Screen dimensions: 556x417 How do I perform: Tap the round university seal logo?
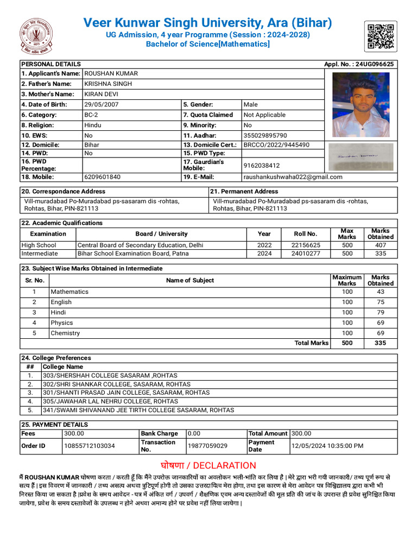pos(37,36)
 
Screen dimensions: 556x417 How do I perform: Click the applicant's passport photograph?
pos(361,105)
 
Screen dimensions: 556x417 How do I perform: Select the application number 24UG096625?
pos(374,64)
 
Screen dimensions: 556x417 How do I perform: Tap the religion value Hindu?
pos(93,125)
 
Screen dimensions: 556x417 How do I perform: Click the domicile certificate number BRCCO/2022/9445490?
pos(276,145)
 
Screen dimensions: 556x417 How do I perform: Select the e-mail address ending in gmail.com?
pos(293,176)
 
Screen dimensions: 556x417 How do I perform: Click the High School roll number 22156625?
pos(306,245)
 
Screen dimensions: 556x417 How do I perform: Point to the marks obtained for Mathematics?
pos(380,292)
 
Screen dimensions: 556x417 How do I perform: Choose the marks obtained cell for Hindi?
pos(380,312)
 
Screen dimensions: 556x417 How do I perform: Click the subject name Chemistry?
pos(65,333)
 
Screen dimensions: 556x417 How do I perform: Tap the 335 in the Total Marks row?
pos(380,343)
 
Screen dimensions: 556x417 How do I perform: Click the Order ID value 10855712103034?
pos(90,446)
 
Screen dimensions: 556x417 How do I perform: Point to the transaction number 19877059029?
pos(207,446)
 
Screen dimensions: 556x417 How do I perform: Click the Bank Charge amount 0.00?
pos(194,433)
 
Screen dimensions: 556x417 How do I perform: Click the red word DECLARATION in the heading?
pos(224,465)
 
